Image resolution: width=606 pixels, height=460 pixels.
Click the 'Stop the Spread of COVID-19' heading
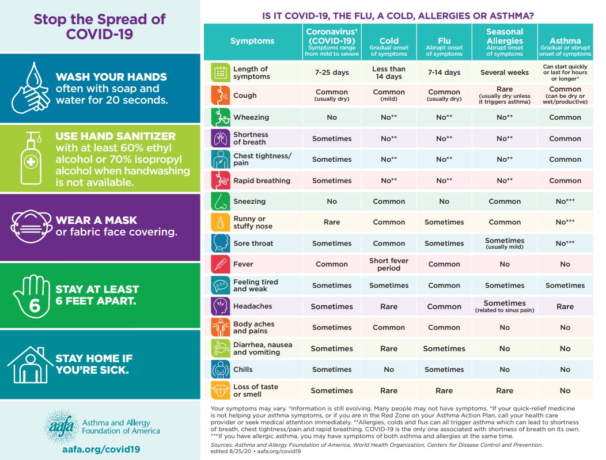coord(100,26)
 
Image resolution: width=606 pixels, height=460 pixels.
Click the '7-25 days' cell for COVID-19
coord(332,73)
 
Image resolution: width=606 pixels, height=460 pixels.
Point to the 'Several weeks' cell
coord(505,73)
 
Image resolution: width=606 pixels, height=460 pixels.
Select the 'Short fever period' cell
coord(389,264)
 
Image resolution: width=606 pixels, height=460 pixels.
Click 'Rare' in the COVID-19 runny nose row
coord(332,222)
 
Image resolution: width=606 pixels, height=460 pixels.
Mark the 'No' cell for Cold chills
coord(389,370)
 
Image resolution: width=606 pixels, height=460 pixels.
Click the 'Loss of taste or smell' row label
coord(255,390)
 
